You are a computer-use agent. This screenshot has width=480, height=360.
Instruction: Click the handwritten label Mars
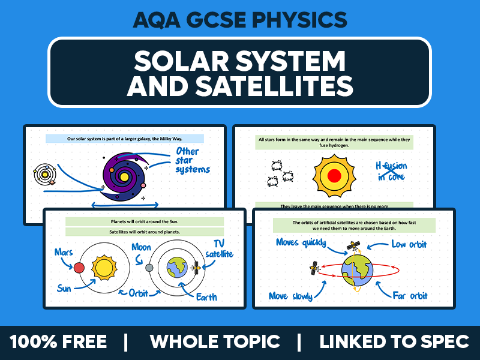coord(64,252)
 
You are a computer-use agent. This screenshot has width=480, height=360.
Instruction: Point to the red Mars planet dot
coord(78,266)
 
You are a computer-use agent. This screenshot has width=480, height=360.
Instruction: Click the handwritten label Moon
coord(141,247)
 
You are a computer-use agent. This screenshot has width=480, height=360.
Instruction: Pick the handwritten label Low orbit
coord(410,244)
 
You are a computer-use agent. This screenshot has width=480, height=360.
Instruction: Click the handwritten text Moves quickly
coord(301,242)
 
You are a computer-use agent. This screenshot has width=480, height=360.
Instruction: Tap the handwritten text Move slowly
coord(295,296)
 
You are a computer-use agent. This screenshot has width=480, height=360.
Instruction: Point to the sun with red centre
coord(335,175)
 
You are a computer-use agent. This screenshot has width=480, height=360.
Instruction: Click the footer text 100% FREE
coord(58,342)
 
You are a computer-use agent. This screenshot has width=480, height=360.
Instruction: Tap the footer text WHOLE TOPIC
coord(215,342)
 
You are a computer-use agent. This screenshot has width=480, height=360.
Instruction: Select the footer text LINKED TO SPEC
coord(394,342)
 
